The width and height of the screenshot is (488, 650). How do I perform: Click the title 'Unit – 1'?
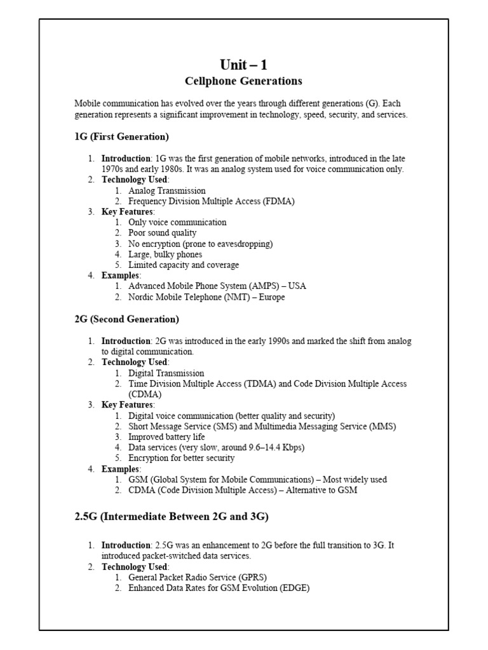click(243, 64)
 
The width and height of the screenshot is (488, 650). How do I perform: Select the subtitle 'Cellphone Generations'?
click(243, 81)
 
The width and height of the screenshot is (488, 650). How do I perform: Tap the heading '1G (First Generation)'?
click(121, 136)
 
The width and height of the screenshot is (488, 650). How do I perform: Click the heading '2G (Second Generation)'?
click(126, 319)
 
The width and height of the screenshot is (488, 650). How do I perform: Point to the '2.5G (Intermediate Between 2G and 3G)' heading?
click(172, 517)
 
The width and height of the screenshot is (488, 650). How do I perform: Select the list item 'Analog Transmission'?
click(166, 190)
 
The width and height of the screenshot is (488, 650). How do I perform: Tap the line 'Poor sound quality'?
click(162, 233)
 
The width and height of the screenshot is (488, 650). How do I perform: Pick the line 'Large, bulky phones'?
click(165, 255)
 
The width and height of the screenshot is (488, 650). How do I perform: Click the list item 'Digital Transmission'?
click(166, 373)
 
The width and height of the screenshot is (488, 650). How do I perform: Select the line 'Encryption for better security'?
click(181, 458)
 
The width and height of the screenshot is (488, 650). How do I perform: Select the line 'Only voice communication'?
click(177, 222)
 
